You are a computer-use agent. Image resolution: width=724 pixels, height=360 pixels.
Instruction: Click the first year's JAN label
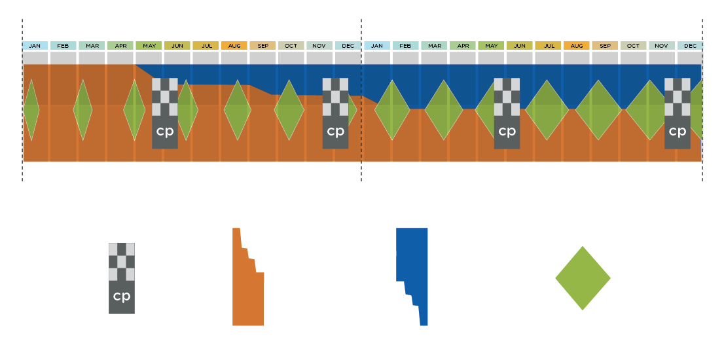pyautogui.click(x=35, y=46)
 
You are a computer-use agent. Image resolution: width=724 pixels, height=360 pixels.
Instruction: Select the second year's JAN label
pyautogui.click(x=376, y=46)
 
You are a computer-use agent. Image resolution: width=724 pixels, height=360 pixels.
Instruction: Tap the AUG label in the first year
pyautogui.click(x=234, y=46)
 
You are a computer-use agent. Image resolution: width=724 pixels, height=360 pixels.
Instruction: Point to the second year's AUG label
pyautogui.click(x=576, y=46)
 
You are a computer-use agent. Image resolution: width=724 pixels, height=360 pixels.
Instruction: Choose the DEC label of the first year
pyautogui.click(x=348, y=46)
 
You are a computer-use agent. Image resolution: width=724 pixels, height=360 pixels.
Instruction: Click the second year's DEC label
pyautogui.click(x=690, y=46)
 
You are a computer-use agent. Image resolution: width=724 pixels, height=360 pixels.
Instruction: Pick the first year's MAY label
pyautogui.click(x=149, y=46)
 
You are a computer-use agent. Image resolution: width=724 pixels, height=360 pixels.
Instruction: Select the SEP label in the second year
pyautogui.click(x=605, y=46)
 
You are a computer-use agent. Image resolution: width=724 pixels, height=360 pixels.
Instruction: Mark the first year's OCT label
pyautogui.click(x=291, y=46)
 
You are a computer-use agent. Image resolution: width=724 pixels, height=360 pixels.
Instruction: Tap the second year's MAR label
pyautogui.click(x=434, y=46)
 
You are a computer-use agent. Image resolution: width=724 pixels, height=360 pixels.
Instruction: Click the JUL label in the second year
pyautogui.click(x=549, y=46)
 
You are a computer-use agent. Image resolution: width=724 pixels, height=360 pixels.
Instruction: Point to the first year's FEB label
pyautogui.click(x=63, y=46)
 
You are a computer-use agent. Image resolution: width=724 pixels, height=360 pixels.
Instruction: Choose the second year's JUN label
pyautogui.click(x=519, y=46)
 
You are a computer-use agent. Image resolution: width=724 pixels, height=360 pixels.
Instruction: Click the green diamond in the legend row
pyautogui.click(x=583, y=278)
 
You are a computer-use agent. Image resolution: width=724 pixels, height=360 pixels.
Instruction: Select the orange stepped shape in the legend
pyautogui.click(x=247, y=288)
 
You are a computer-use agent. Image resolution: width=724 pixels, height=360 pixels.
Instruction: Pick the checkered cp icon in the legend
pyautogui.click(x=122, y=278)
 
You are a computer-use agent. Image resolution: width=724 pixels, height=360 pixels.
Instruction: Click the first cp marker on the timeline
pyautogui.click(x=165, y=113)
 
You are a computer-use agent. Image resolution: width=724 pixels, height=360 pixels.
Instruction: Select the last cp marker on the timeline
pyautogui.click(x=677, y=113)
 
